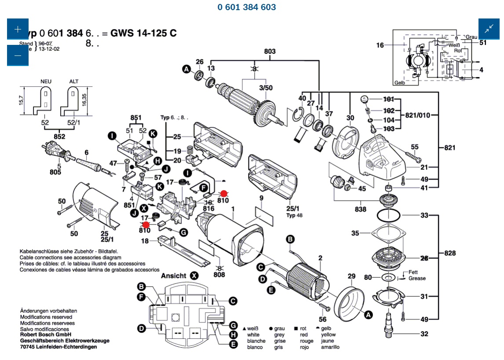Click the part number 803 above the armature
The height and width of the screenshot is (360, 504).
(x=270, y=51)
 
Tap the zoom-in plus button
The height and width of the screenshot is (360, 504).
(x=18, y=29)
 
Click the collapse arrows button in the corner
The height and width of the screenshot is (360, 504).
(x=489, y=29)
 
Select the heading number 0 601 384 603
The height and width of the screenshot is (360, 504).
(x=247, y=7)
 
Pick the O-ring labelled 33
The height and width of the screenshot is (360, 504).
(x=389, y=216)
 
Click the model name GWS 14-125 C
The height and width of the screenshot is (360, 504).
(x=144, y=33)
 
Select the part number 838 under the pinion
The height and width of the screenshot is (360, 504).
(x=361, y=209)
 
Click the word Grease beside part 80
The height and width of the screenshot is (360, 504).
(x=417, y=278)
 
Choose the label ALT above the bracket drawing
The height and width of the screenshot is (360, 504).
(x=73, y=81)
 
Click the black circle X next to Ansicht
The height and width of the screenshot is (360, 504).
(x=194, y=276)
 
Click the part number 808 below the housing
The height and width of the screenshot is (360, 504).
(x=219, y=275)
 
